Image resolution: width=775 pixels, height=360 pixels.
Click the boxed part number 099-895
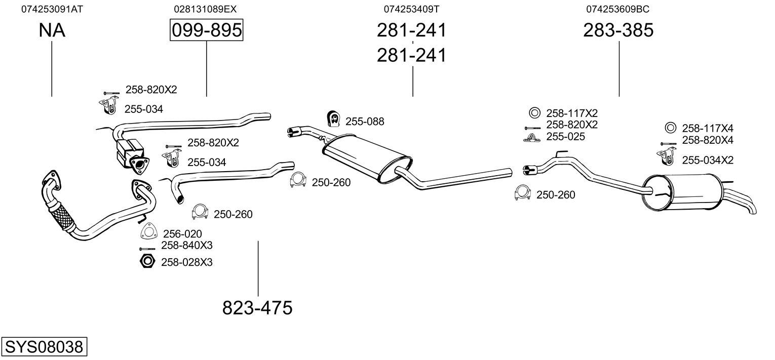tap(206, 30)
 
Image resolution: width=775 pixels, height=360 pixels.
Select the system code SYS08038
tap(44, 347)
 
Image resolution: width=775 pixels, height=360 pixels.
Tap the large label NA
tap(52, 30)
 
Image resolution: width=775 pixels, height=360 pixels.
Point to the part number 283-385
tap(618, 30)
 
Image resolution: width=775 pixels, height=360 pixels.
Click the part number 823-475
tap(257, 307)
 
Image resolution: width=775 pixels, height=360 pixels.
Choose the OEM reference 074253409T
tap(411, 9)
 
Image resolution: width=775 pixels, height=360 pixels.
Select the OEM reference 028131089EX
tap(205, 9)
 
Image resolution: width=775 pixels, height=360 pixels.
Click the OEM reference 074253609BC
tap(618, 9)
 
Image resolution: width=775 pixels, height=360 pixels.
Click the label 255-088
tap(365, 122)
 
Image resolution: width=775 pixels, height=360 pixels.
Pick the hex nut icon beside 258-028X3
tap(147, 262)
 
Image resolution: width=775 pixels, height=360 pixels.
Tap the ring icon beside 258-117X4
tap(670, 128)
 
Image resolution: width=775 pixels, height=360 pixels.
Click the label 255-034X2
tap(708, 160)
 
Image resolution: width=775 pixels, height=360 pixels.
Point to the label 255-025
tap(565, 137)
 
